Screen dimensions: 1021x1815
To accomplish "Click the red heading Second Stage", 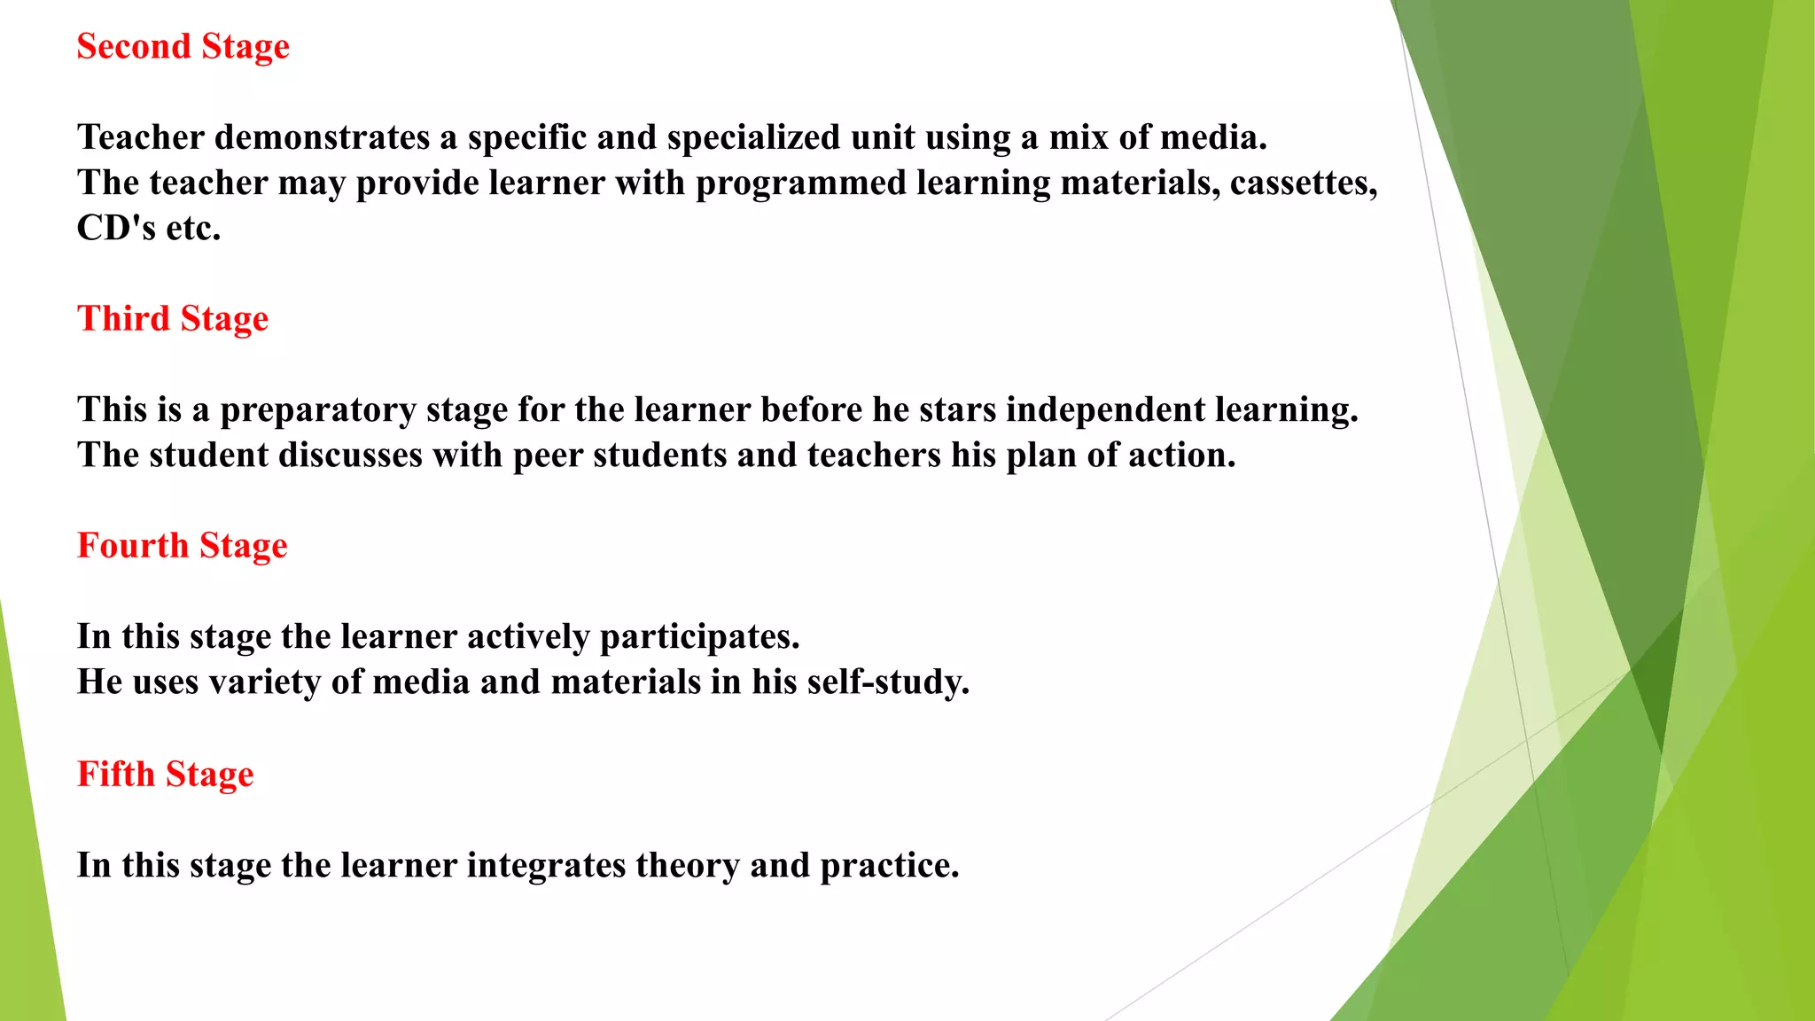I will tap(183, 47).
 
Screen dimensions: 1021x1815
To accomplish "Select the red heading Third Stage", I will tap(173, 319).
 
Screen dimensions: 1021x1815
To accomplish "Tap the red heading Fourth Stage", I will tap(183, 546).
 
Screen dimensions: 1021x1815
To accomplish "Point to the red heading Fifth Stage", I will tap(166, 775).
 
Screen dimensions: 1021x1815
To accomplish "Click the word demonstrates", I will tap(323, 137).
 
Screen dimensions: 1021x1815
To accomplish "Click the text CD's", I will tap(116, 229).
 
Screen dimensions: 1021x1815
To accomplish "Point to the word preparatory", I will tap(318, 410).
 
